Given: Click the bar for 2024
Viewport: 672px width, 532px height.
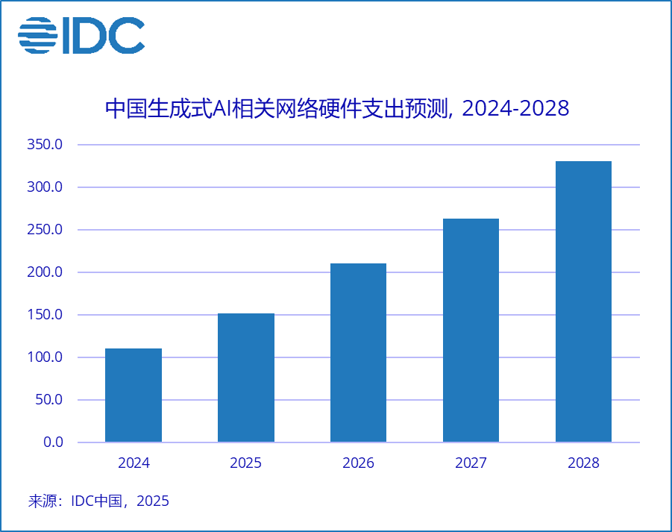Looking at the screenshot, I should (x=134, y=395).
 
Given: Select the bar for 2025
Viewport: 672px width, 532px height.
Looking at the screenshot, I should (x=246, y=378).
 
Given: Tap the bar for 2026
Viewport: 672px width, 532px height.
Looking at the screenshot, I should (x=358, y=353).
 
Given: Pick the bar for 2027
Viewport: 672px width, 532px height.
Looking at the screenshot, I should (x=471, y=331).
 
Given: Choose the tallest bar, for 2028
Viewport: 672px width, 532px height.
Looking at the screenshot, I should (x=583, y=301).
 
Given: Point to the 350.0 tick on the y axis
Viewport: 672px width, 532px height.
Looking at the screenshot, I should (x=45, y=145).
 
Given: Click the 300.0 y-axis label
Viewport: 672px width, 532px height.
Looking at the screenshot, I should (x=45, y=187).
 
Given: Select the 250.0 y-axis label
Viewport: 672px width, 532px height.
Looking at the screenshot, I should (x=45, y=230).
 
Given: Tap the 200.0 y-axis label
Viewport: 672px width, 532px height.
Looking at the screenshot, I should (x=45, y=272).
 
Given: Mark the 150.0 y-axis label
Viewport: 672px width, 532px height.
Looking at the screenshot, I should (x=45, y=315).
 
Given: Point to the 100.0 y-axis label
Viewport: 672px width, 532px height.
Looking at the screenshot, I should (x=45, y=357).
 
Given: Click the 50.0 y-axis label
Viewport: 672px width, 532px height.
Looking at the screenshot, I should (x=48, y=400).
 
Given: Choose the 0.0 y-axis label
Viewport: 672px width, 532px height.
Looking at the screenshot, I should (x=53, y=442).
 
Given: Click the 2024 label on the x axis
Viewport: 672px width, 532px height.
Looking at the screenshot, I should (x=134, y=463).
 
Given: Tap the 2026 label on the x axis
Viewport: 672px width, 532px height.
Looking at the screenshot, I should (x=358, y=463).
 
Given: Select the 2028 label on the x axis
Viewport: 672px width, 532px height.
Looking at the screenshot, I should (x=583, y=463).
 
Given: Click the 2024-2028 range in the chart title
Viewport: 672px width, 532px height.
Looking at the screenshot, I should (x=515, y=109).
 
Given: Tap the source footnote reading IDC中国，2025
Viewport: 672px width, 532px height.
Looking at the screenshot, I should (x=120, y=501).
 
